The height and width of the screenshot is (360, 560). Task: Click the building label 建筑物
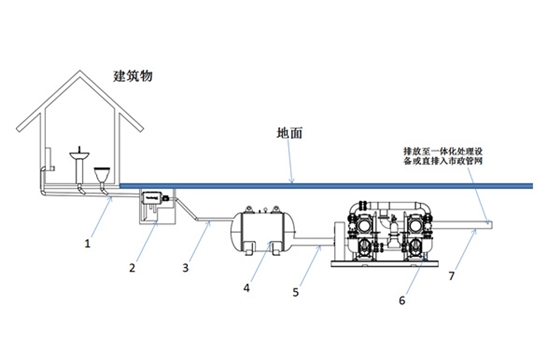[133, 76]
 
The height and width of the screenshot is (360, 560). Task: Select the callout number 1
[87, 242]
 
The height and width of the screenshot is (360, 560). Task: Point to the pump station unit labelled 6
[386, 235]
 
